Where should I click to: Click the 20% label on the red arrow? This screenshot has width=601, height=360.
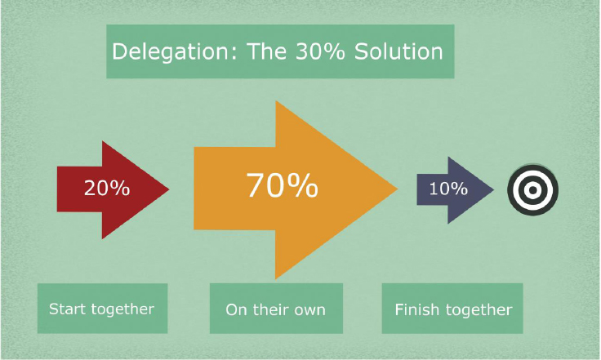click(106, 189)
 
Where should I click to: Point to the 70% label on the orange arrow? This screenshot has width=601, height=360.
click(282, 187)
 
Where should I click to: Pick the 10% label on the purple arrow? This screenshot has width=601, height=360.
click(447, 189)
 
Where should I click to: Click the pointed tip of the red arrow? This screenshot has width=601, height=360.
click(167, 190)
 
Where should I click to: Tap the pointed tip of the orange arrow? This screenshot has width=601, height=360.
click(397, 190)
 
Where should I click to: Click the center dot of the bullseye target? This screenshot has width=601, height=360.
click(532, 190)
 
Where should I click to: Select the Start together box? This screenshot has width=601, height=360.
click(102, 309)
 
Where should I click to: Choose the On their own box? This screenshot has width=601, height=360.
click(275, 309)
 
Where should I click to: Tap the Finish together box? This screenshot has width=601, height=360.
click(452, 309)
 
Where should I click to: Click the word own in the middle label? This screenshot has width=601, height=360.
click(310, 310)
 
